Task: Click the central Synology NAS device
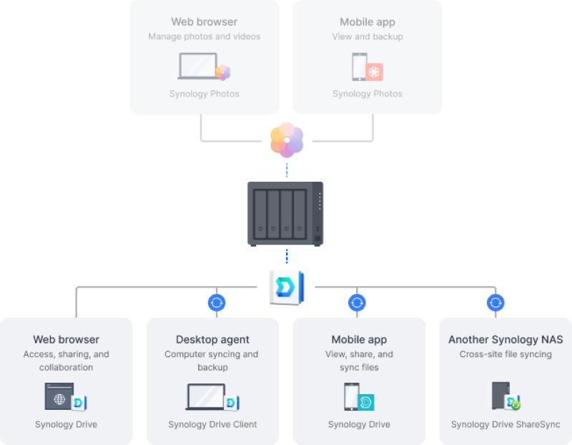285,213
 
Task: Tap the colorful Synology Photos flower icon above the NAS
287,140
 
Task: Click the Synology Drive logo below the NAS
287,288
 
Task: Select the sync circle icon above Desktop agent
217,303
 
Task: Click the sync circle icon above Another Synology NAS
495,303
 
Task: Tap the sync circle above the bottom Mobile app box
357,303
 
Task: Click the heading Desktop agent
212,339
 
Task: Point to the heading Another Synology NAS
506,339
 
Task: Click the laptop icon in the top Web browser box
198,67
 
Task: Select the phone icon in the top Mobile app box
359,67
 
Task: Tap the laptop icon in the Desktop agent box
207,397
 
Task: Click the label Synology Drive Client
212,424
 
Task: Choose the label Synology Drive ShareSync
506,424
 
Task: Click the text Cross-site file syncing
506,354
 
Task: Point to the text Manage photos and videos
204,36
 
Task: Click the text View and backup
368,36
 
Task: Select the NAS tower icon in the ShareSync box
500,395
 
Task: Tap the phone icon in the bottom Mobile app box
351,396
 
